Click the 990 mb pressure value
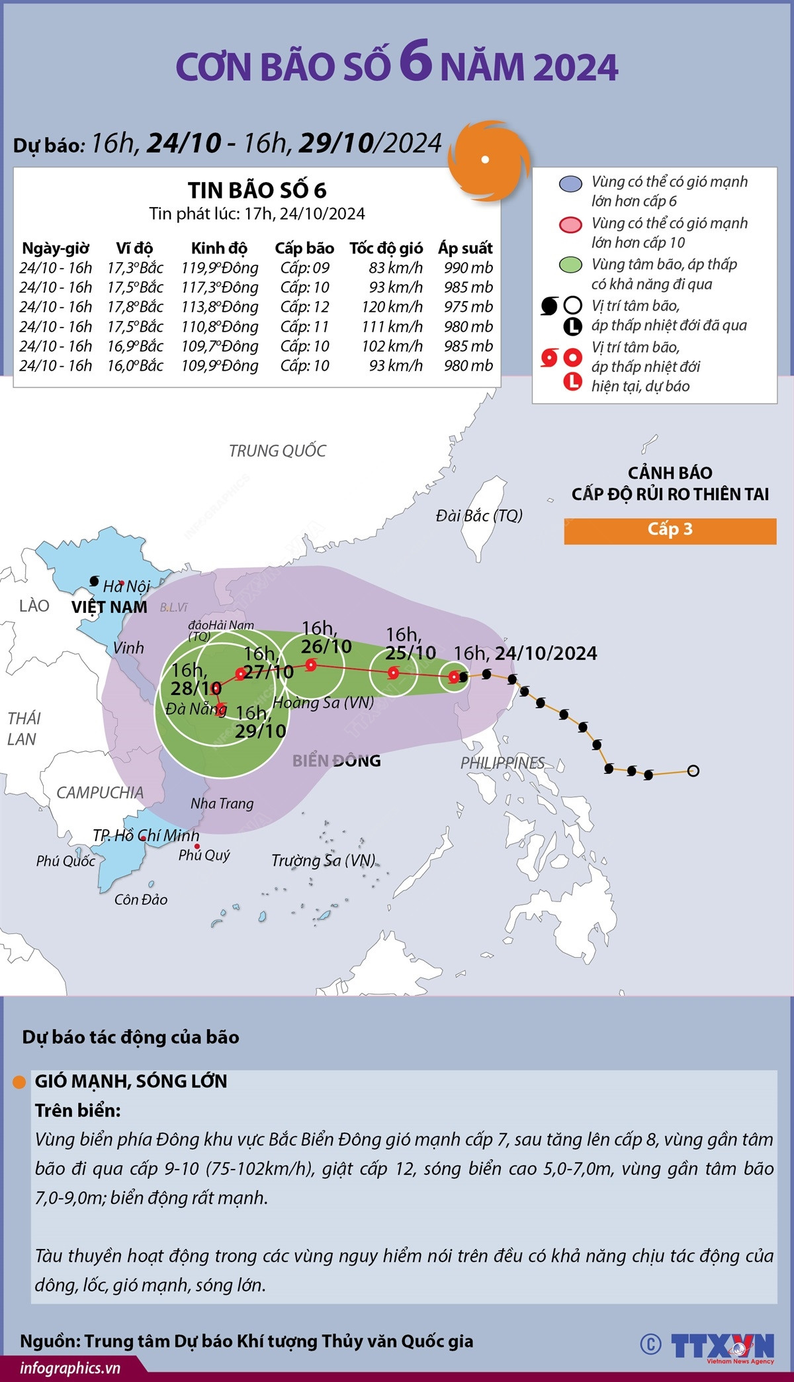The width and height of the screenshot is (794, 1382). (468, 267)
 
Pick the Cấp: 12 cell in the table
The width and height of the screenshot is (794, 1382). (304, 306)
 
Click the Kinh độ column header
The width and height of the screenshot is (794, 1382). (219, 248)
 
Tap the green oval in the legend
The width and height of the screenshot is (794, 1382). (570, 265)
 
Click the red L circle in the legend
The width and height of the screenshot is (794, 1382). (572, 381)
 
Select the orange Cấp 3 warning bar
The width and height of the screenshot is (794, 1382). (670, 530)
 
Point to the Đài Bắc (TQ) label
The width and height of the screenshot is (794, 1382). (479, 516)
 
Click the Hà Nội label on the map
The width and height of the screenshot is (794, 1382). (126, 586)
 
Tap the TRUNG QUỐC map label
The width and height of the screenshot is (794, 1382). (277, 451)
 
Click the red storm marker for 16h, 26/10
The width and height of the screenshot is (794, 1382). (310, 666)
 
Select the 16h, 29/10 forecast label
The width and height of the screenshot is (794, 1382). (260, 722)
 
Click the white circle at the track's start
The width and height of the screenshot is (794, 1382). (693, 770)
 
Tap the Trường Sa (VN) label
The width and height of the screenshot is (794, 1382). (323, 860)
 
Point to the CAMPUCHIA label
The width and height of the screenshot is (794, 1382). (100, 792)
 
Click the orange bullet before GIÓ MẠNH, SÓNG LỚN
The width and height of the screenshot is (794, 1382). (20, 1082)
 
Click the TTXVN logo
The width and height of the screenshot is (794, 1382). (723, 1346)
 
